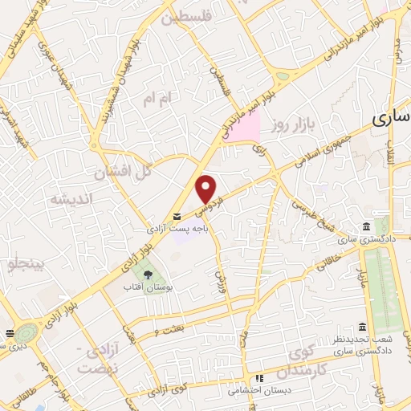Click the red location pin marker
coord(207,189)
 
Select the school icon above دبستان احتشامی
coord(258,379)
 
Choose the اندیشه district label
coord(71,198)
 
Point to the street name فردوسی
coord(206,210)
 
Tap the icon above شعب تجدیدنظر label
coord(363,327)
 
